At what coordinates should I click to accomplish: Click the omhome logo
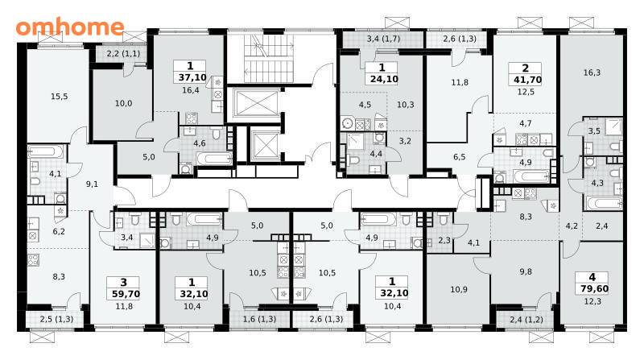click(70, 27)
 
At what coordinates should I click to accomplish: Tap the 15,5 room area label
click(59, 97)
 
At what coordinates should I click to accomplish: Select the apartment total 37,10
click(192, 77)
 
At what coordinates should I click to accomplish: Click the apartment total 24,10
click(384, 78)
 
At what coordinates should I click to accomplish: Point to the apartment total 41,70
click(527, 80)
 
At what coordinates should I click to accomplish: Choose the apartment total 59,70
click(126, 294)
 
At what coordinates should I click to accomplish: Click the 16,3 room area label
click(592, 72)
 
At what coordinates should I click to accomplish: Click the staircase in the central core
click(269, 59)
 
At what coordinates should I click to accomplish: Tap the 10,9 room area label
click(459, 289)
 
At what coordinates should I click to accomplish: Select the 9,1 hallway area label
click(92, 184)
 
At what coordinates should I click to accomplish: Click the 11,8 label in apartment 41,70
click(460, 82)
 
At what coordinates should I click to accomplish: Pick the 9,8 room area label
click(526, 271)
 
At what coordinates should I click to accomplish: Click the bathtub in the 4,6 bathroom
click(213, 159)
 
